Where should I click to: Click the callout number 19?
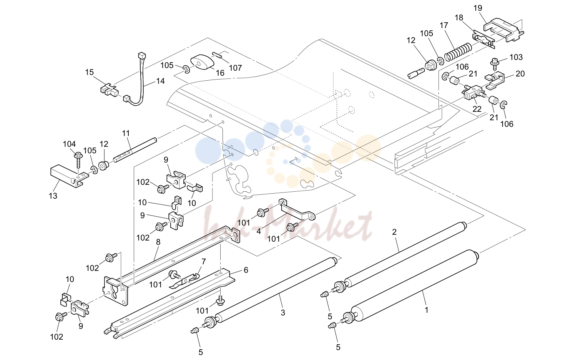pos(478,8)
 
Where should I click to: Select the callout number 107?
pos(235,68)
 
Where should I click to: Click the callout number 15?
pos(90,72)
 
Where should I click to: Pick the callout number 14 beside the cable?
pos(160,81)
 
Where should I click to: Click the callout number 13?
pos(53,196)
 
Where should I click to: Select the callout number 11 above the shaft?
pos(126,133)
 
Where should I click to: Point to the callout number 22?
pos(477,109)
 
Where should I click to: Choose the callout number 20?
pos(520,74)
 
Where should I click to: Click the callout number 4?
pos(259,231)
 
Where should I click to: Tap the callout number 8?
pos(158,242)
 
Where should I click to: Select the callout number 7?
pos(204,262)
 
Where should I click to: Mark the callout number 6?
pos(246,270)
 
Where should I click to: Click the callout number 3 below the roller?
pos(283,312)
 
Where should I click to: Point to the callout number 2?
pos(394,232)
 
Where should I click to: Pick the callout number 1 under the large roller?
pos(426,310)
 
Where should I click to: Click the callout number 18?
pos(459,18)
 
